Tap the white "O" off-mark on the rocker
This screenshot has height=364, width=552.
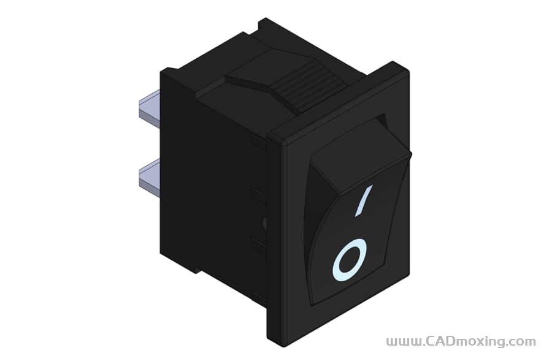(x=350, y=260)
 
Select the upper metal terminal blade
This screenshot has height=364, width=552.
(x=149, y=108)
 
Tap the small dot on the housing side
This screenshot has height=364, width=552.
(x=265, y=222)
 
